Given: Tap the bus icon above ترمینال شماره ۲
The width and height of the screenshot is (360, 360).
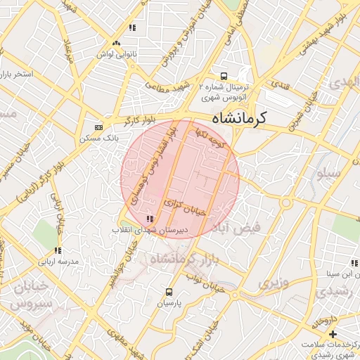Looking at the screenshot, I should (x=224, y=75).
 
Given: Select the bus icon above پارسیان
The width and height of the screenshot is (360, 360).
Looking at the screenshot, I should (x=169, y=292).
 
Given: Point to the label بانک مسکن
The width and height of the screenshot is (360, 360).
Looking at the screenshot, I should (x=98, y=139).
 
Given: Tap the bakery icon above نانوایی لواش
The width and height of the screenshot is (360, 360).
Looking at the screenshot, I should (x=131, y=29).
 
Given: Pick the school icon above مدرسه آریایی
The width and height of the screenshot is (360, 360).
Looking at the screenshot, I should (x=58, y=250).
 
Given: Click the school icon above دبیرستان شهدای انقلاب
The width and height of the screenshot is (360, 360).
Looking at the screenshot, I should (x=149, y=219).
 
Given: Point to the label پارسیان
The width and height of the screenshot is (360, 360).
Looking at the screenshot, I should (x=169, y=304).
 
